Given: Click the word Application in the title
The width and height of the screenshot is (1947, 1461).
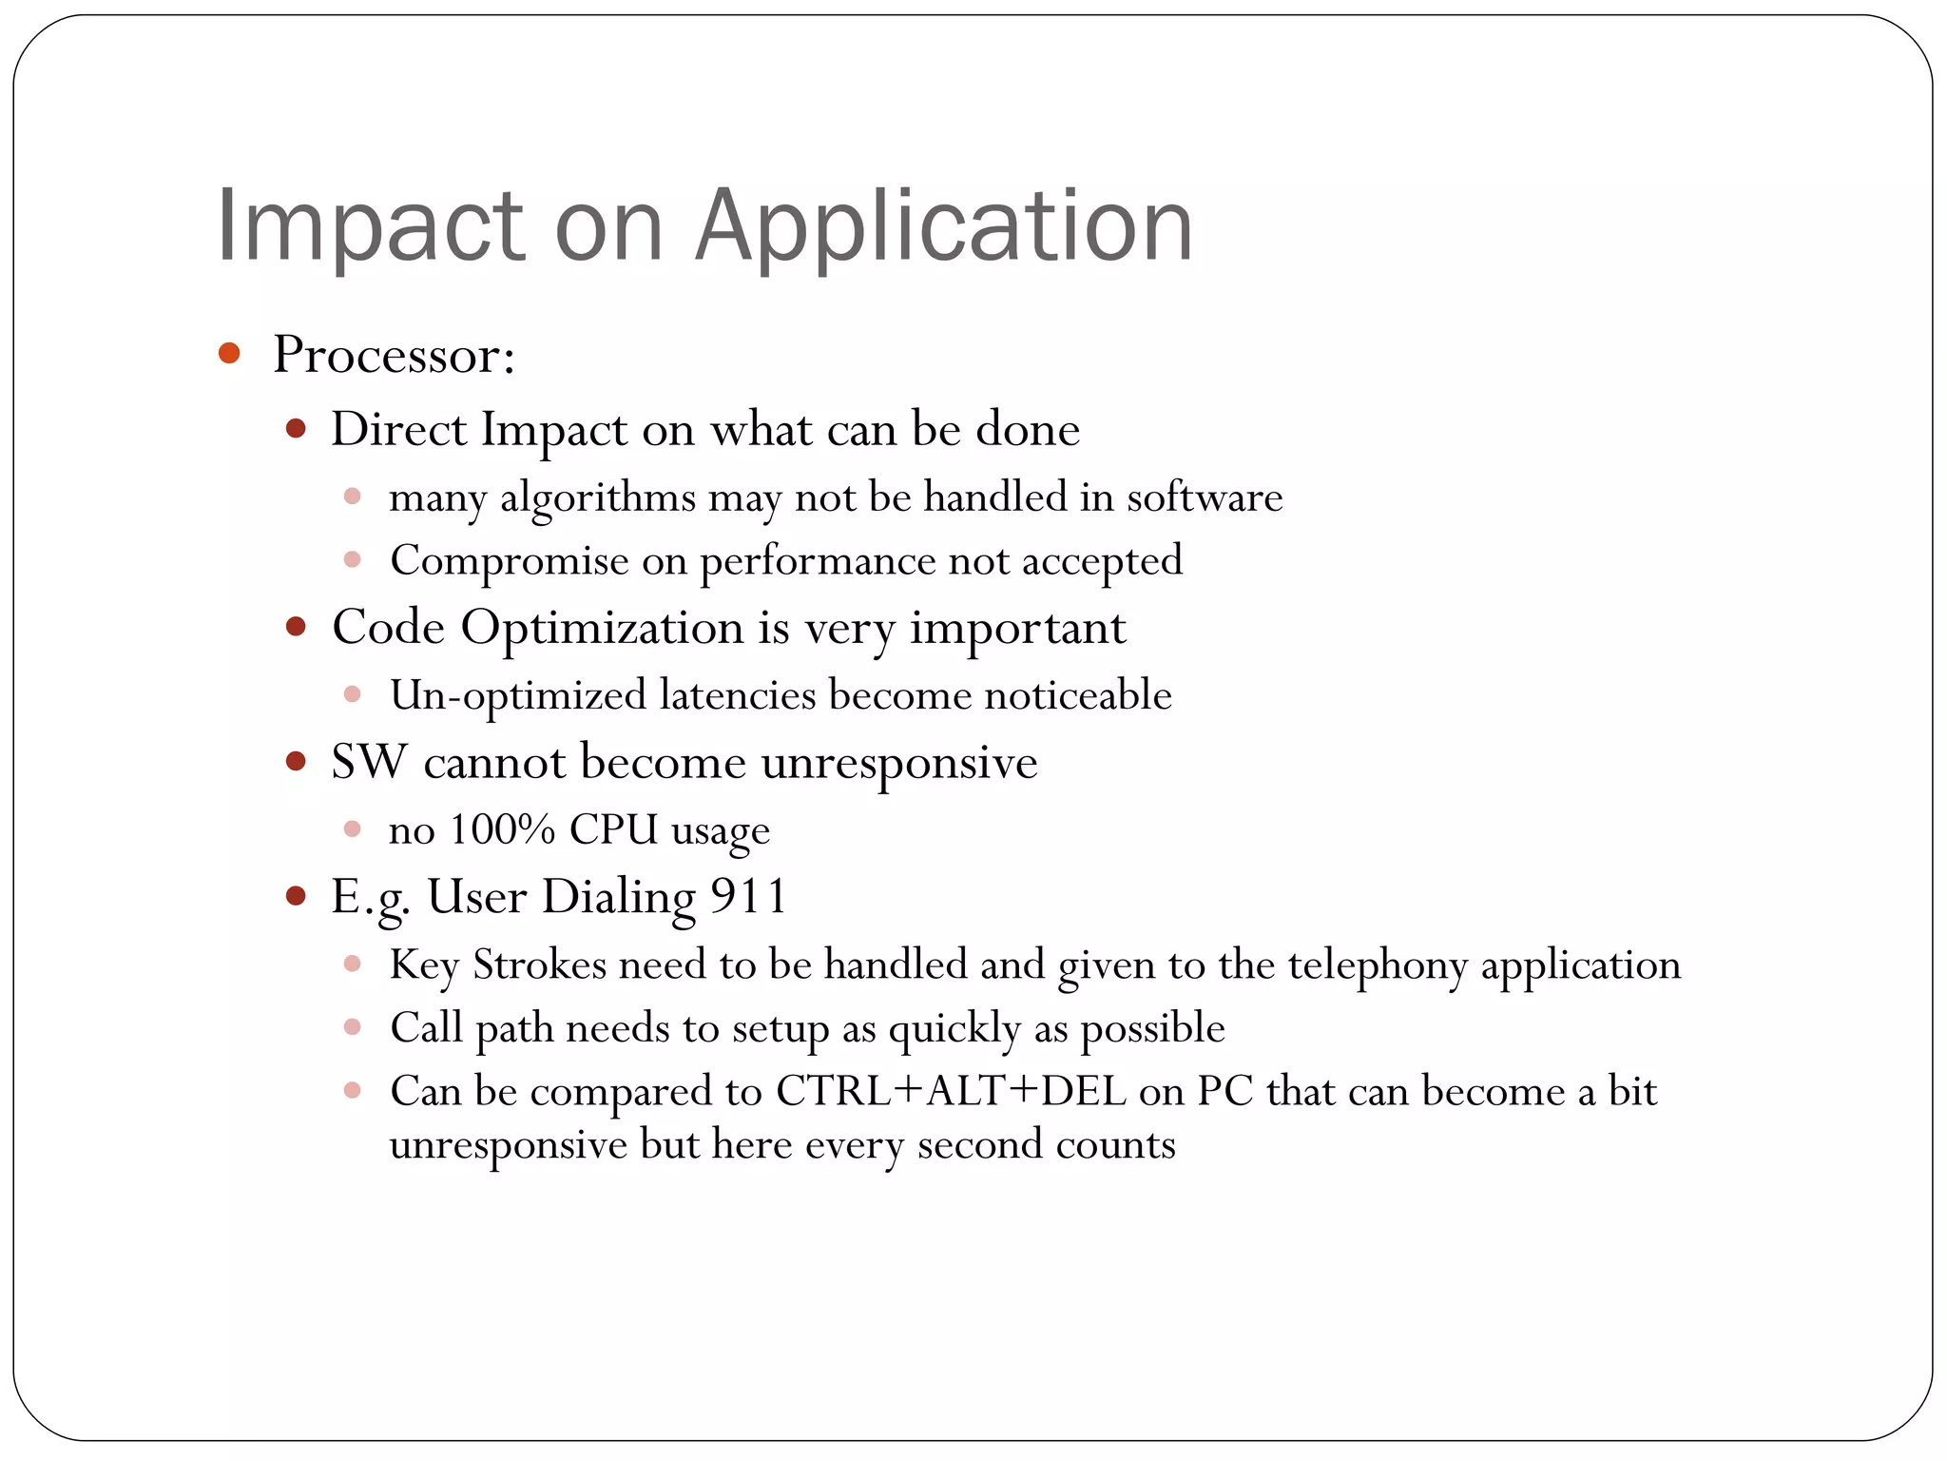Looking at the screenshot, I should [x=943, y=225].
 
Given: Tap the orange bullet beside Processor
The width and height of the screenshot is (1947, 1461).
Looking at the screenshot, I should [x=229, y=354].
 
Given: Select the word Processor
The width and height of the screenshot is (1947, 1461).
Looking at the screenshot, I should [x=394, y=355].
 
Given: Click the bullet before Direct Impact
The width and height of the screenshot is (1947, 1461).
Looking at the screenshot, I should [x=296, y=429].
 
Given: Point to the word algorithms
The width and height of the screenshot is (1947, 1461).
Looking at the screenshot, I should [x=598, y=497].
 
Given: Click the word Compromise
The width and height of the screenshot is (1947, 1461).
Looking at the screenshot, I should [x=509, y=559].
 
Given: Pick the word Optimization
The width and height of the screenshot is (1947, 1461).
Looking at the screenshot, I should [x=602, y=628].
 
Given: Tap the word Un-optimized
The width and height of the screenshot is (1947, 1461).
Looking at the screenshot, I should [x=517, y=694].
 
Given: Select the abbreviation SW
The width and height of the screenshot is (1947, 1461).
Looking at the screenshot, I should [x=368, y=762].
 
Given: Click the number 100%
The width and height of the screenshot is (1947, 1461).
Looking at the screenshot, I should [x=501, y=829].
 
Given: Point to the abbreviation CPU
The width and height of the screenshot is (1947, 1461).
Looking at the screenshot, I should [x=613, y=829].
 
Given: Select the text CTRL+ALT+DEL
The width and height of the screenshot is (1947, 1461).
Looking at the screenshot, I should [x=951, y=1091].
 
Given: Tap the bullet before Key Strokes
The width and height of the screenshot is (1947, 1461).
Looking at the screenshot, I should [x=353, y=964].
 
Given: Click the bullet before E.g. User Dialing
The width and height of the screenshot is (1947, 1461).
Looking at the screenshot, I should [x=296, y=896].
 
